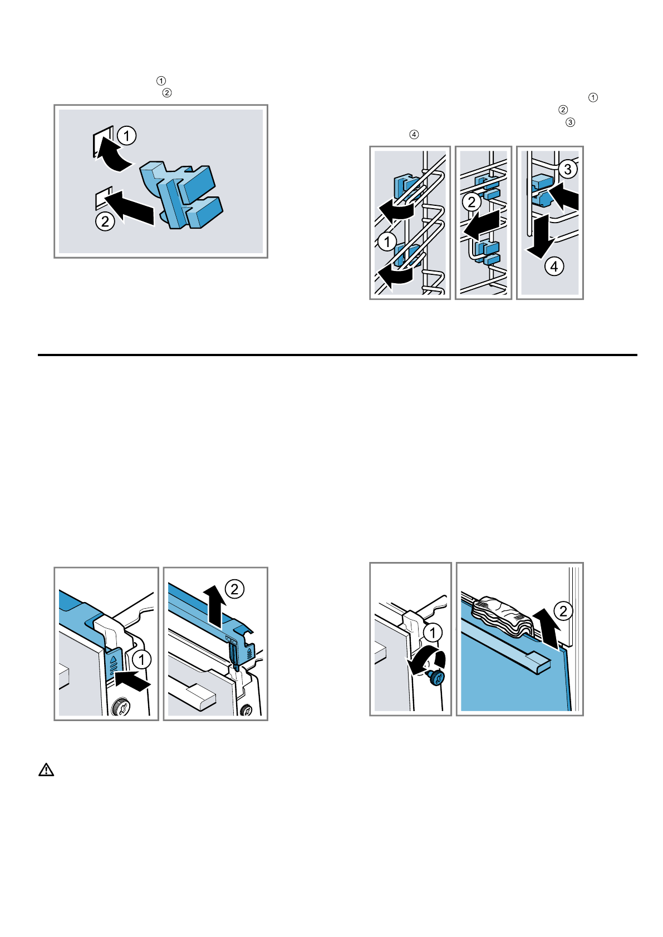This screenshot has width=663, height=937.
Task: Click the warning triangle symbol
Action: coord(46,770)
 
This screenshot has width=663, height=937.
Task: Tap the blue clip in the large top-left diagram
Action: coord(181,195)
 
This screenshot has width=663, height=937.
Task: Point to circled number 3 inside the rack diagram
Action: coord(568,169)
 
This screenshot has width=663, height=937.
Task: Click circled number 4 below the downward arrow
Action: coord(554,267)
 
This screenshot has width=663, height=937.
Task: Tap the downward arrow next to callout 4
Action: coord(540,236)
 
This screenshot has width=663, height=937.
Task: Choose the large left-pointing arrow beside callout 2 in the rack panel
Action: coord(482,225)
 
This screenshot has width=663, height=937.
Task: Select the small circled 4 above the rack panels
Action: coord(414,134)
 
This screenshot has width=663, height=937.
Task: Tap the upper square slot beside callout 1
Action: coord(102,141)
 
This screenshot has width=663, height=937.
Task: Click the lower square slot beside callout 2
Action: coord(104,198)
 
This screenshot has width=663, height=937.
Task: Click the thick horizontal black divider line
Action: coord(337,355)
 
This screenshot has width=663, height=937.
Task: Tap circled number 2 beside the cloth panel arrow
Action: coord(563,611)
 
